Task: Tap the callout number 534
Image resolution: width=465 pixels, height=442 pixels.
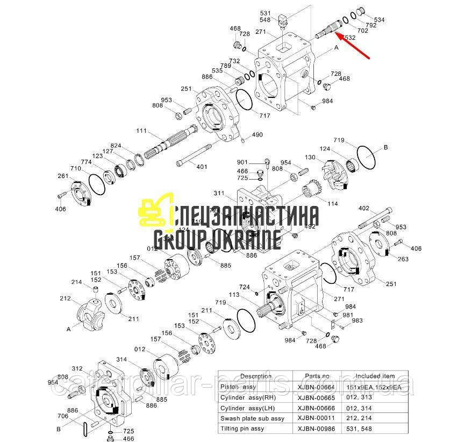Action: (380, 20)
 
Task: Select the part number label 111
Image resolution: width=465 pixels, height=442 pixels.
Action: (141, 131)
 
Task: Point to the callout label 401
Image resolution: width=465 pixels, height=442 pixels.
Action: (202, 167)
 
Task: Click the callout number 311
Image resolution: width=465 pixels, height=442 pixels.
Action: (219, 193)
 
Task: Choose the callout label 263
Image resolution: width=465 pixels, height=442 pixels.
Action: (403, 259)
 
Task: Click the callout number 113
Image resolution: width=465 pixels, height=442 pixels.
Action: (249, 295)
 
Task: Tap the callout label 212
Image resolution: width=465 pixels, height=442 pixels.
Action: (65, 298)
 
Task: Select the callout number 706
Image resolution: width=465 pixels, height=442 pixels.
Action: (63, 416)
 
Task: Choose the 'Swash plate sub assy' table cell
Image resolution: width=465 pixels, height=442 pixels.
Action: (252, 418)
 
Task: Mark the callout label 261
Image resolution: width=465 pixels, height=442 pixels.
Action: (63, 176)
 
